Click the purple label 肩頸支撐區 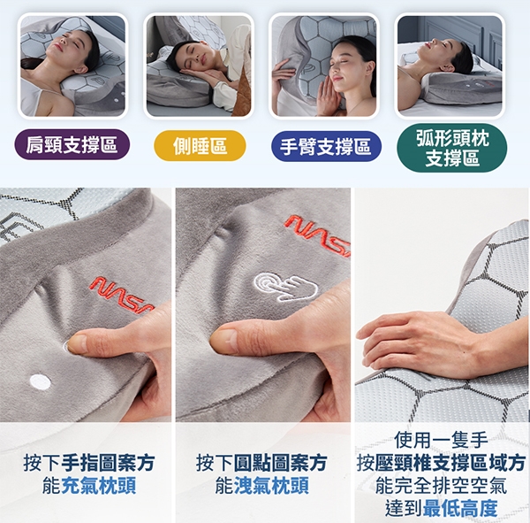coord(72,144)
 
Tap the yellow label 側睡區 coord(200,146)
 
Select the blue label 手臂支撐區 coord(326,146)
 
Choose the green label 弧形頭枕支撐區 coord(452,148)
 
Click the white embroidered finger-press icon coord(286,287)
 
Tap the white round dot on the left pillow coord(41,381)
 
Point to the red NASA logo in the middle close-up coord(318,235)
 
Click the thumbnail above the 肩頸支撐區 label coord(72,66)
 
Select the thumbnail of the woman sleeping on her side coord(199,66)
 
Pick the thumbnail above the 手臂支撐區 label coord(324,66)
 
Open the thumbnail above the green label coord(450,66)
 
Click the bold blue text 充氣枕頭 coord(99,486)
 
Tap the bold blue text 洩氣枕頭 coord(272,486)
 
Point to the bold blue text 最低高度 coord(460,508)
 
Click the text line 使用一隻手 coord(441,440)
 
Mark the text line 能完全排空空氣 coord(441,486)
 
